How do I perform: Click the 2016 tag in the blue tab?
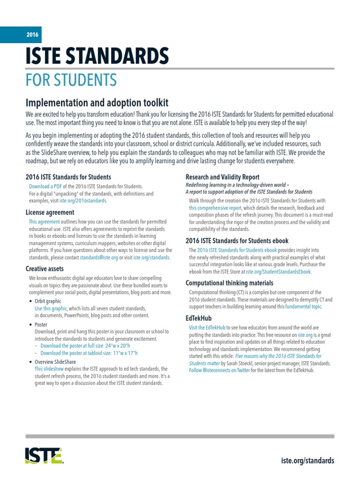click(x=32, y=35)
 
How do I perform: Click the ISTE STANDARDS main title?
click(x=97, y=57)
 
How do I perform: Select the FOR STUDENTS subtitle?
click(x=71, y=80)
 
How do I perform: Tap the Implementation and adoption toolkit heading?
click(x=97, y=103)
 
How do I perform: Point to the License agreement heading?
click(x=51, y=212)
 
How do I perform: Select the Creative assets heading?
click(x=45, y=269)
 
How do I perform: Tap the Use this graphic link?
click(x=51, y=309)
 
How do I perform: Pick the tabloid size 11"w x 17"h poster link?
click(x=89, y=353)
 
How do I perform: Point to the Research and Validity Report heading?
click(x=223, y=177)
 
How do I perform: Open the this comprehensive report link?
click(x=216, y=208)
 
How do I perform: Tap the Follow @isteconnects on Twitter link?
click(x=219, y=370)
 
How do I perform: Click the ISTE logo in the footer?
click(x=44, y=455)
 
